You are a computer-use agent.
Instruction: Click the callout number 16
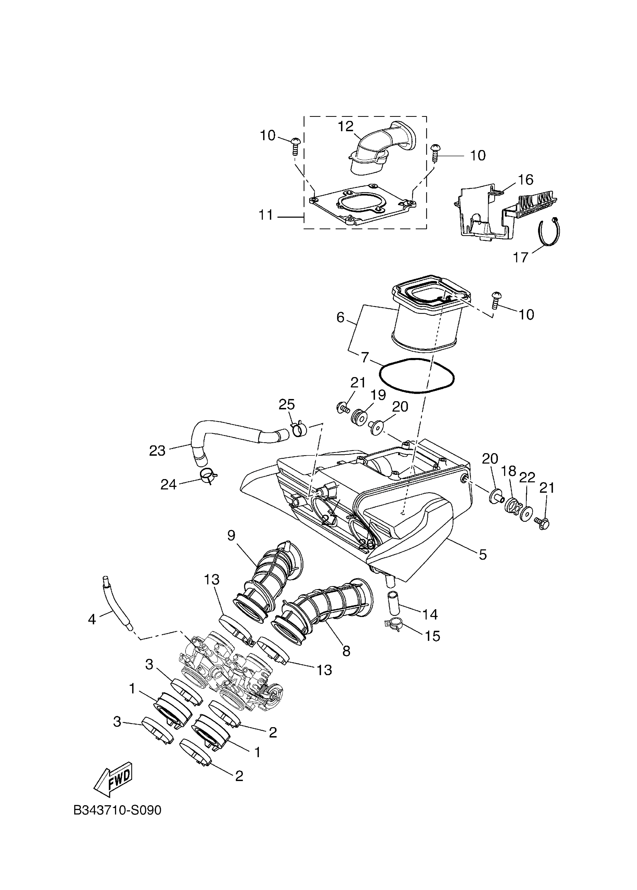(526, 180)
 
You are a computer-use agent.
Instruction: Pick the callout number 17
(521, 258)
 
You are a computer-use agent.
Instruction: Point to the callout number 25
(287, 404)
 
